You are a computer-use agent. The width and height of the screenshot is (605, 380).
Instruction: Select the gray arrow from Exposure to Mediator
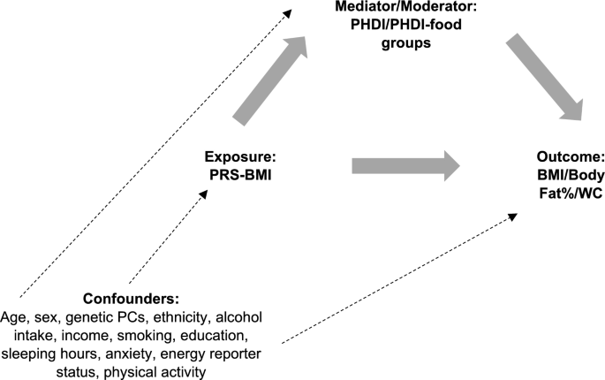pos(270,80)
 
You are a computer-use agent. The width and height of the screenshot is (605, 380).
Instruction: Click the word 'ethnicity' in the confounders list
pos(179,317)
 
